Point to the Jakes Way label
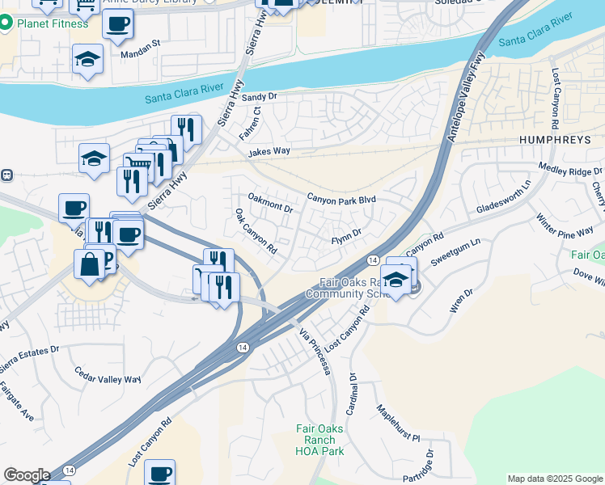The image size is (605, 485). click(x=269, y=151)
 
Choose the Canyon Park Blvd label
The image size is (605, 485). click(x=342, y=199)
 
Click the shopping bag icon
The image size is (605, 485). click(x=88, y=264)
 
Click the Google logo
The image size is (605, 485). click(x=26, y=475)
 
